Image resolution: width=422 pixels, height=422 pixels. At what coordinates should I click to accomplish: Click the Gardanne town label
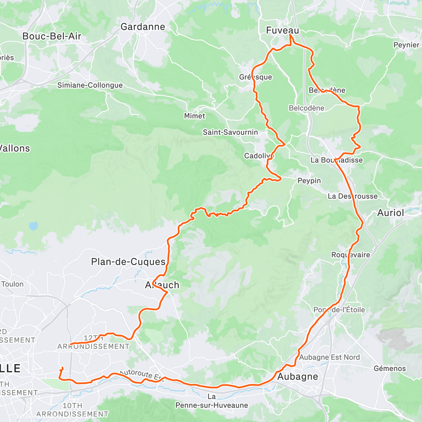pos(142,27)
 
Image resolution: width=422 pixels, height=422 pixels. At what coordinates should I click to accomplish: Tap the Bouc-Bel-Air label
pos(52,36)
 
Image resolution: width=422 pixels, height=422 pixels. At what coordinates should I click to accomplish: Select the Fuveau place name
pos(282,31)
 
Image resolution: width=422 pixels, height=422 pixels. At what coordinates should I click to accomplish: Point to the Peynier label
pos(406,45)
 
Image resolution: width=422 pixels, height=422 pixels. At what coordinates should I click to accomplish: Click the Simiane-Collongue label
pos(90,85)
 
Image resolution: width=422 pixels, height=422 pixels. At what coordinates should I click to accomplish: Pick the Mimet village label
pos(194,116)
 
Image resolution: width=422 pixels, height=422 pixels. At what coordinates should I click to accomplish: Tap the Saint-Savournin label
pos(230,132)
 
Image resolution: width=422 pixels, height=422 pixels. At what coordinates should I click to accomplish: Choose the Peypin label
pos(309,181)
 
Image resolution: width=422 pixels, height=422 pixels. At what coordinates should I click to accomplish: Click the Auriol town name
pos(391,213)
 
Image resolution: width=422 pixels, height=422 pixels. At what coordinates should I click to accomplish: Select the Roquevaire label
pos(351,255)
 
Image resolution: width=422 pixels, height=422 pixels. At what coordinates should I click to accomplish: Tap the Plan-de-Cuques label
pos(128,262)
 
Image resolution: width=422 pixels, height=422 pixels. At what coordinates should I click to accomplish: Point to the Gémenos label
pos(390,369)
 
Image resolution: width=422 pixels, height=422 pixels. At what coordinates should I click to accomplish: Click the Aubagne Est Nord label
pos(330,357)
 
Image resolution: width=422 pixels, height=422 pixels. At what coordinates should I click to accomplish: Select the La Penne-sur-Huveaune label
pos(211,401)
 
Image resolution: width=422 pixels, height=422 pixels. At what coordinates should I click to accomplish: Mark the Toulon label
pos(12,284)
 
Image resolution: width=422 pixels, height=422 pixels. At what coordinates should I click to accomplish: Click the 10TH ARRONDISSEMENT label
pos(72,410)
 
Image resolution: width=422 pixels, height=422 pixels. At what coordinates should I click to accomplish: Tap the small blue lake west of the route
pos(33,226)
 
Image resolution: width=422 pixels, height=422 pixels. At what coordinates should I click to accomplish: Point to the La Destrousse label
pos(352,196)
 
